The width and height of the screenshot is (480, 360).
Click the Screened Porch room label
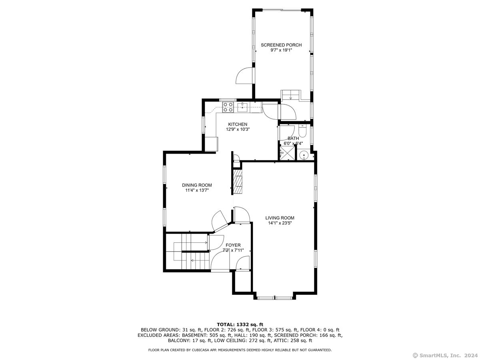(x=281, y=45)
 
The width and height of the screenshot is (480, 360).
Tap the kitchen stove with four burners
(x=228, y=107)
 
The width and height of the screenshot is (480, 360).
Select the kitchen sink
(x=242, y=107)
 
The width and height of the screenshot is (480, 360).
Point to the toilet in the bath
(x=302, y=131)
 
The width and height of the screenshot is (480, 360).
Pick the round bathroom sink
(x=304, y=156)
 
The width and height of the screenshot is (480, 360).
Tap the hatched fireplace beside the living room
(x=238, y=182)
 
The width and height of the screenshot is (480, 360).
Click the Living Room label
(x=280, y=218)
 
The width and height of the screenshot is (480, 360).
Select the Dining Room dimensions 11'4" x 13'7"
(x=197, y=190)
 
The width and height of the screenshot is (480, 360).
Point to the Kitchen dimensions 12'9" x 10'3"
(x=238, y=129)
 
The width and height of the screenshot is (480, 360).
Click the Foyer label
(x=233, y=245)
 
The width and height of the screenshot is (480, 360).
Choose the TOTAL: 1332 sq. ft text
(x=240, y=324)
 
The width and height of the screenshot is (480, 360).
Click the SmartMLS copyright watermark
(x=445, y=356)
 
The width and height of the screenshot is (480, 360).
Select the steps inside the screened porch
(x=290, y=95)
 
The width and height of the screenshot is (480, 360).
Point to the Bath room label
(x=293, y=138)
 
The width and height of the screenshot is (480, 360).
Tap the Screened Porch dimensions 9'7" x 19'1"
(x=281, y=50)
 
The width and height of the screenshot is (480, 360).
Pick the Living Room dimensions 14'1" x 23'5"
(x=280, y=223)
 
